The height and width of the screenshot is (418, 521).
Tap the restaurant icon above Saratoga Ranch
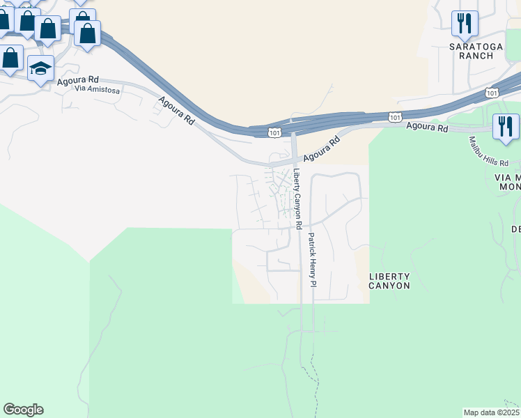[465, 23]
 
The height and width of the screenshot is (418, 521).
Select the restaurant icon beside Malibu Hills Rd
[506, 127]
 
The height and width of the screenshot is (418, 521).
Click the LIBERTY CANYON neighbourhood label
[389, 281]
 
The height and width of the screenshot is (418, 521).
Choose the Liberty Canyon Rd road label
[297, 199]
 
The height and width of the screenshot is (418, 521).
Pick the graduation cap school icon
[40, 69]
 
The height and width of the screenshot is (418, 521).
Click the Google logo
[23, 410]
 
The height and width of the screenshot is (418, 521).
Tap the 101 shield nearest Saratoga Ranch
[492, 92]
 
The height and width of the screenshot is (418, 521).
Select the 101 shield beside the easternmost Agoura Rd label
[395, 118]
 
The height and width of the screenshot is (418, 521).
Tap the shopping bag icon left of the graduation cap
[10, 59]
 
